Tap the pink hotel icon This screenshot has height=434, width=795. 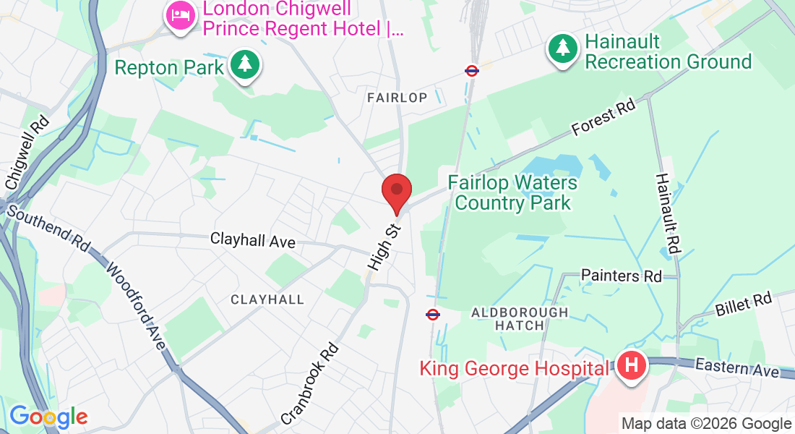click(179, 16)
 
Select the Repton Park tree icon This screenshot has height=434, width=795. click(245, 65)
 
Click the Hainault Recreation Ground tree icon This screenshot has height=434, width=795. click(562, 48)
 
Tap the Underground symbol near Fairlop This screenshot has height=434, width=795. click(472, 71)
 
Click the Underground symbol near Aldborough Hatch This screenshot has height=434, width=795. click(433, 315)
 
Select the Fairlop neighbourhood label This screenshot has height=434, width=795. click(397, 97)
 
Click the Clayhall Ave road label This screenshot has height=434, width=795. click(253, 239)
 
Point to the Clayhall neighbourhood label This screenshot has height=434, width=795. click(267, 299)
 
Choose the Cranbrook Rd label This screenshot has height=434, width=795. click(309, 383)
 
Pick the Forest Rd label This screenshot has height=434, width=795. click(603, 117)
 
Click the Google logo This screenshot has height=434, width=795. click(48, 417)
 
